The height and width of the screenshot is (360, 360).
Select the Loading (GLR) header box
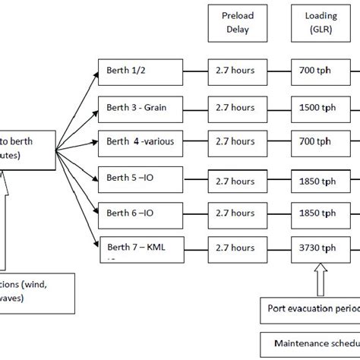(314, 23)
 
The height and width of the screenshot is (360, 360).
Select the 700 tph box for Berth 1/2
(314, 71)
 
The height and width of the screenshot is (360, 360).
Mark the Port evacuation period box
(311, 308)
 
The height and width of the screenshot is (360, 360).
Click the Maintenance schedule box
(311, 345)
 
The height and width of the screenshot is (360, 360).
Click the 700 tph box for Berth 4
(314, 141)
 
